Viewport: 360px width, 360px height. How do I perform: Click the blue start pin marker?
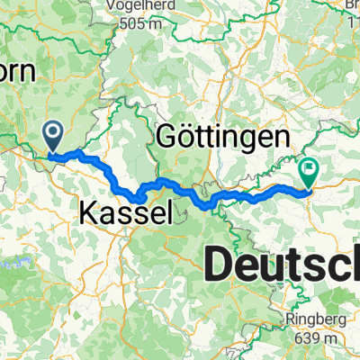point(54,138)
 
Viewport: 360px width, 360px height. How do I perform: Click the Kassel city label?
point(125,213)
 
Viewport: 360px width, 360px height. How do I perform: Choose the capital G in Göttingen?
point(166,137)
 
